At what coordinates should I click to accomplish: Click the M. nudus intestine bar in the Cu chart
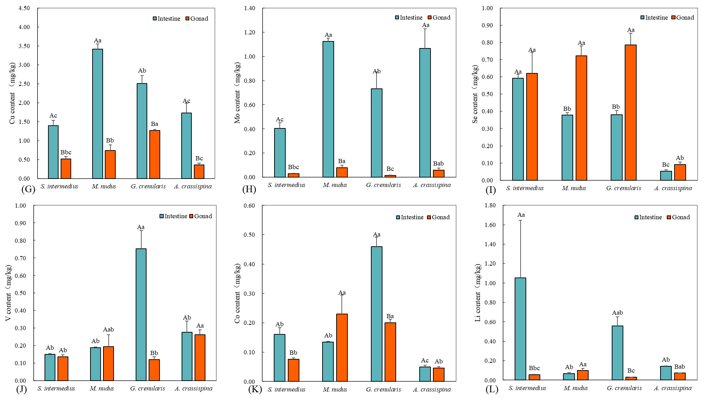coord(97,114)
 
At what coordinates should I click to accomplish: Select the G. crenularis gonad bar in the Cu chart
coord(155,154)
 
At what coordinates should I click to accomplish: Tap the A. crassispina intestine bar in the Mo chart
coord(425,113)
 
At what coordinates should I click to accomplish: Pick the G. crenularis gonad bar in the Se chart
coord(630,113)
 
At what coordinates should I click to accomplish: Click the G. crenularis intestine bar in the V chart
coord(141,314)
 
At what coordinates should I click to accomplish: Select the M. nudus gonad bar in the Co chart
coord(342,347)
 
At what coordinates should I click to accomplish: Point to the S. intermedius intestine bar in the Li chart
coord(520,329)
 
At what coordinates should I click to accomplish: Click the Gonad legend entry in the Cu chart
coord(197,19)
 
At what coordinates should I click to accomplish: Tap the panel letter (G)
coord(28,189)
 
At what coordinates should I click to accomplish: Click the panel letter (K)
coord(255,389)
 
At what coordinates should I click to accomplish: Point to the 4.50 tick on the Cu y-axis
coord(24,8)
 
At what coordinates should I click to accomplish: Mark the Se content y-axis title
coord(475,94)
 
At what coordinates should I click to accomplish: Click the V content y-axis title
coord(8,293)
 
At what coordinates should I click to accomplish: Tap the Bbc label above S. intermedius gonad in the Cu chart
coord(66,152)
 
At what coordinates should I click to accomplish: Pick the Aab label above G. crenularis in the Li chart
coord(617,313)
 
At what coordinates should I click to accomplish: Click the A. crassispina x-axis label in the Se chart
coord(673,188)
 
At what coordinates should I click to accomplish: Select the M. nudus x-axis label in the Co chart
coord(335,389)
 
